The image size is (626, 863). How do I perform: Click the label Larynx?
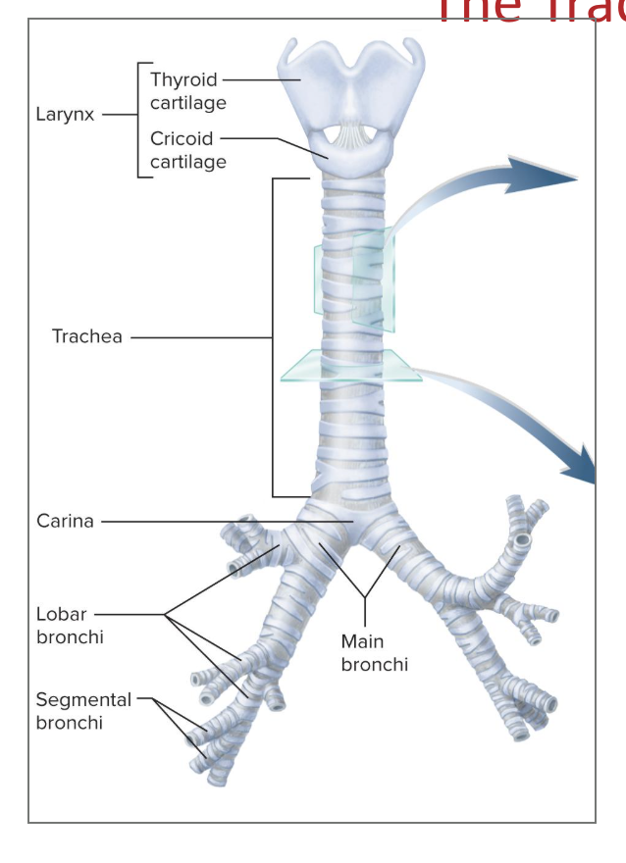point(65,114)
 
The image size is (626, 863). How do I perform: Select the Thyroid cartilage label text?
point(187,90)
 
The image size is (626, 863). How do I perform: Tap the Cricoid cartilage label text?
point(187,150)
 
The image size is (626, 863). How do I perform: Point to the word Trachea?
point(87,336)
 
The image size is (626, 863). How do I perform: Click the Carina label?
point(65,521)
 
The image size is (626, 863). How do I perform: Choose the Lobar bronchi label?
point(69,626)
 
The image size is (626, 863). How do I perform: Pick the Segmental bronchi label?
point(83,711)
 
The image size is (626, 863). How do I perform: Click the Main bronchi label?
point(374,653)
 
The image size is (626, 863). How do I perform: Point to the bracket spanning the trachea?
point(273,336)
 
